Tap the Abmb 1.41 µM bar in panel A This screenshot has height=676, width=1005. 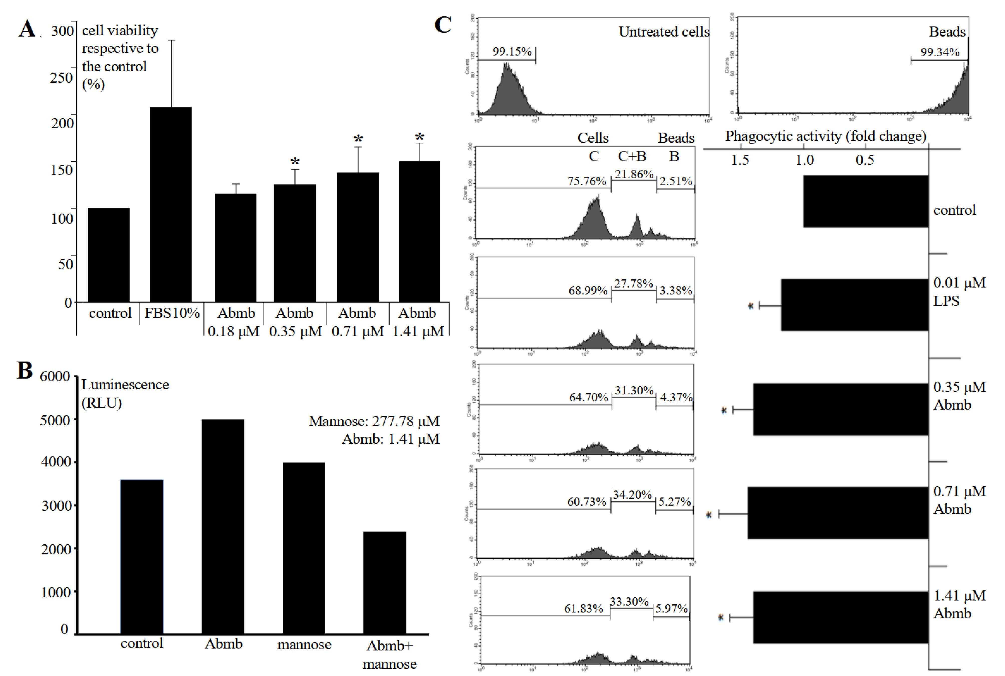click(419, 232)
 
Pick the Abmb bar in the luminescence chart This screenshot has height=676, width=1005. click(223, 526)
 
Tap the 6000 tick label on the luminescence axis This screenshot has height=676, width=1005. click(55, 376)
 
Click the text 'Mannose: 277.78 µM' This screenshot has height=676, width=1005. click(374, 421)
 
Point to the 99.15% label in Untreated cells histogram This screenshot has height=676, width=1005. click(512, 52)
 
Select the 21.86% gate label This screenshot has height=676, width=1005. click(634, 174)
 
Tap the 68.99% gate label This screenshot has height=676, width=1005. click(587, 291)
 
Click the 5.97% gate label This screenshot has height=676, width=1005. click(671, 608)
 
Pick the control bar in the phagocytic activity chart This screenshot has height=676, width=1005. click(865, 201)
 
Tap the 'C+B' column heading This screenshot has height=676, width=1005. click(632, 156)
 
